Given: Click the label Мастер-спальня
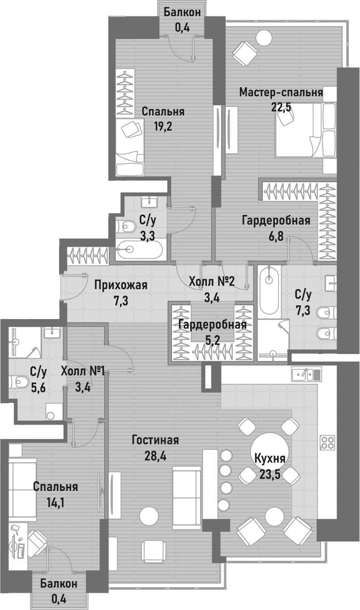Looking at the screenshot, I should pos(281,93).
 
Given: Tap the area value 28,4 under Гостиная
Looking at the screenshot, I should pos(155,456).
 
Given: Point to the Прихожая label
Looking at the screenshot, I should pos(121,285).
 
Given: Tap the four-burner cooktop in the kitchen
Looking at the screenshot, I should pos(328,442).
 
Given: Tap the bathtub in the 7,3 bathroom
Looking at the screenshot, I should pos(269,290).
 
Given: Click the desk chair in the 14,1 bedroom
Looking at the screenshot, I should pos(38,540).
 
